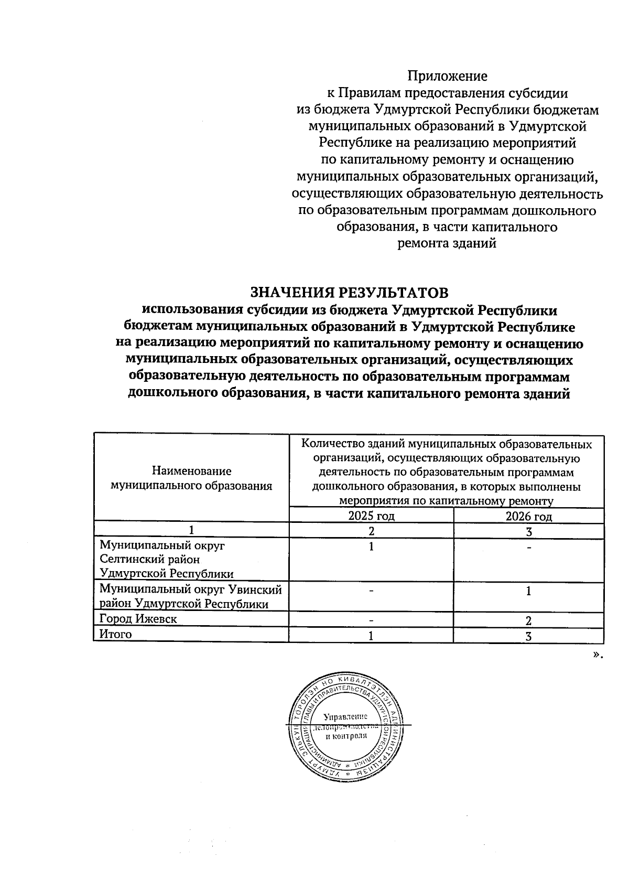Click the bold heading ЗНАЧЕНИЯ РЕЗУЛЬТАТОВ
[350, 292]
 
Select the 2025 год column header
[371, 516]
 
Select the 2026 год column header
[528, 516]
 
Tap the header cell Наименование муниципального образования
[191, 478]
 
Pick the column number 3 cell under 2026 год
[528, 531]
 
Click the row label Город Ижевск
[138, 619]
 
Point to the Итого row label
[116, 634]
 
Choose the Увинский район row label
[191, 597]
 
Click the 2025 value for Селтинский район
[371, 546]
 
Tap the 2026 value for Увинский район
[528, 591]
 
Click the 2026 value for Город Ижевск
[528, 621]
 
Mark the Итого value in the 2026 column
[528, 636]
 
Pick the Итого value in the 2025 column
[371, 636]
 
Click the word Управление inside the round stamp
[345, 716]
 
